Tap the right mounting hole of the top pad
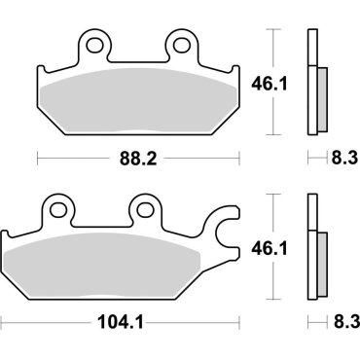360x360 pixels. [179, 45]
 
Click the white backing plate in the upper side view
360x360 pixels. [311, 83]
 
